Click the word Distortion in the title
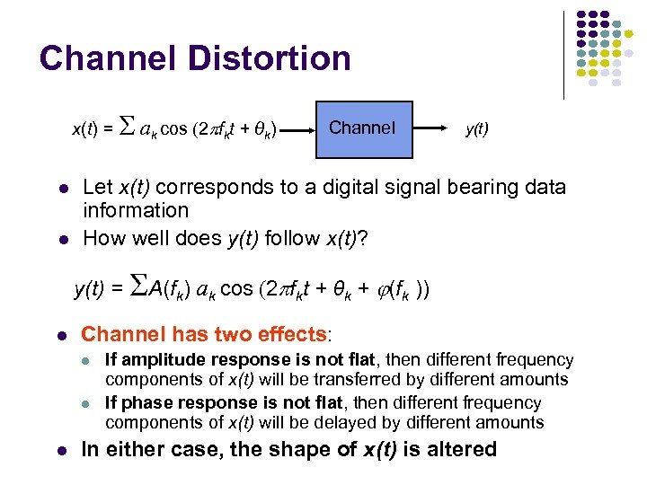tap(269, 58)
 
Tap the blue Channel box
tap(361, 128)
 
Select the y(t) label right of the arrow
tap(476, 128)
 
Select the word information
tap(136, 211)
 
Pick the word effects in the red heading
tap(289, 335)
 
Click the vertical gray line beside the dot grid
tap(563, 54)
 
